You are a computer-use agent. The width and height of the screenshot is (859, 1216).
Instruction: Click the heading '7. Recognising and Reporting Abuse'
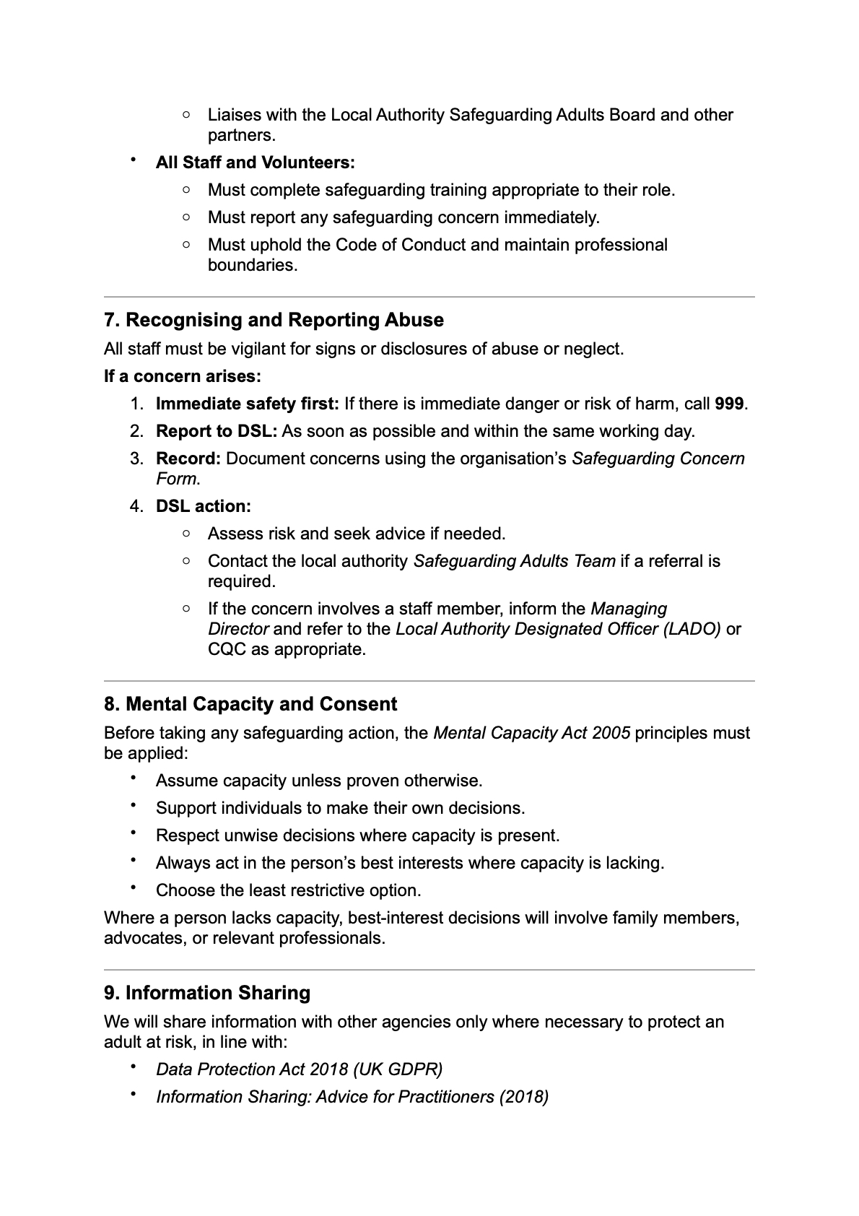tap(274, 320)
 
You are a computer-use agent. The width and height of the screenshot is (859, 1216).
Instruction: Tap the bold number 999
tap(729, 404)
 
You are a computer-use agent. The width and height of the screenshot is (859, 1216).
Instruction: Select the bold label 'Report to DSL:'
tap(216, 431)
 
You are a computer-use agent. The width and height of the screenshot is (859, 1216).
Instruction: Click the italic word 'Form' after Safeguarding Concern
tap(176, 479)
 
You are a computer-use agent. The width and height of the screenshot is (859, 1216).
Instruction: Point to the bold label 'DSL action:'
tap(203, 506)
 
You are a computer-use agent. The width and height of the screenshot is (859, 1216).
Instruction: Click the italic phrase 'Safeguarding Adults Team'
tap(514, 561)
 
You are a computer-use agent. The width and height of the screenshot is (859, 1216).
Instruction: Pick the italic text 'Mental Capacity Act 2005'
tap(531, 733)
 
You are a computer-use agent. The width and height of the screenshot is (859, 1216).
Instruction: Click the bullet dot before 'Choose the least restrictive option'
tap(134, 889)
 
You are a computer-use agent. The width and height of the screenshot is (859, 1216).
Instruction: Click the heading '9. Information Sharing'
tap(207, 993)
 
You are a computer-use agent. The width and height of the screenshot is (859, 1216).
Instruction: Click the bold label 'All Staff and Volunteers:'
tap(255, 162)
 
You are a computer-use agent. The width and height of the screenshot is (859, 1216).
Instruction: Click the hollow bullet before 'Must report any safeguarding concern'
tap(187, 217)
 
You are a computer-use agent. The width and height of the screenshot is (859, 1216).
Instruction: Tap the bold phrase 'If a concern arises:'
tap(182, 376)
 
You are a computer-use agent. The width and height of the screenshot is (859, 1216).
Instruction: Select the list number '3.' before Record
tap(137, 459)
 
